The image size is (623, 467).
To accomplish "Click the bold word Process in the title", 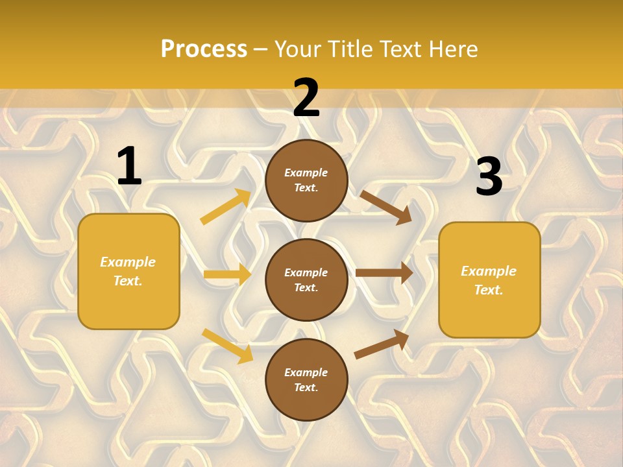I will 204,49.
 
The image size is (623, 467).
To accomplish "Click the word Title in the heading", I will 352,49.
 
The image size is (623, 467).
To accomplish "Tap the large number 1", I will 129,167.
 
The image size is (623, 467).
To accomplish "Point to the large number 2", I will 306,99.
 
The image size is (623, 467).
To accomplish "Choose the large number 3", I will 489,176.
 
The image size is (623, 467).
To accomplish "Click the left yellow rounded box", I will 128,271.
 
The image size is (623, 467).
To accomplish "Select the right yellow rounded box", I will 489,280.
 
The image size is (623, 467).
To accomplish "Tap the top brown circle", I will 306,180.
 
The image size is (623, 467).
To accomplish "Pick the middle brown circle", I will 306,280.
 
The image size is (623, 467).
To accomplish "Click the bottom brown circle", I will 306,379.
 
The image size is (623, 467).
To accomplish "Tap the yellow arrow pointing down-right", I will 228,346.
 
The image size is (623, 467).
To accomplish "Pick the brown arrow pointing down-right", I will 385,207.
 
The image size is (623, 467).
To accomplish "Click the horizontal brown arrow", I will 384,273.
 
